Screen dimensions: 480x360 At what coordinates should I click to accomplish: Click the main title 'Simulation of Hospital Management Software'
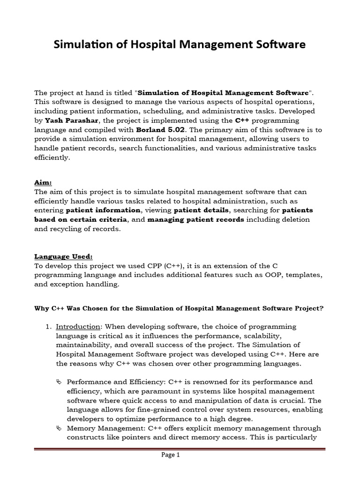(180, 45)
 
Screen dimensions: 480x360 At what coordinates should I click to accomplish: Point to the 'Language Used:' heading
(64, 256)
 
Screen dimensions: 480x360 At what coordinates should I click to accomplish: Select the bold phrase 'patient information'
(103, 210)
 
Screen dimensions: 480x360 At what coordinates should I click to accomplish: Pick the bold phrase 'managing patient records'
(195, 220)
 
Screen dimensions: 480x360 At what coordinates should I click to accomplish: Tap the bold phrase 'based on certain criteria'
(80, 220)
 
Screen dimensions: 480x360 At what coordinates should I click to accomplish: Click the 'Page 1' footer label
(171, 455)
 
